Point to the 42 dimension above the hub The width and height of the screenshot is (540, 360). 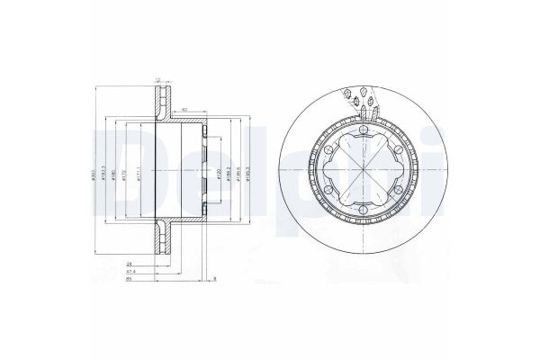pyautogui.click(x=184, y=110)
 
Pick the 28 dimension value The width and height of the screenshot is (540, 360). pyautogui.click(x=130, y=261)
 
